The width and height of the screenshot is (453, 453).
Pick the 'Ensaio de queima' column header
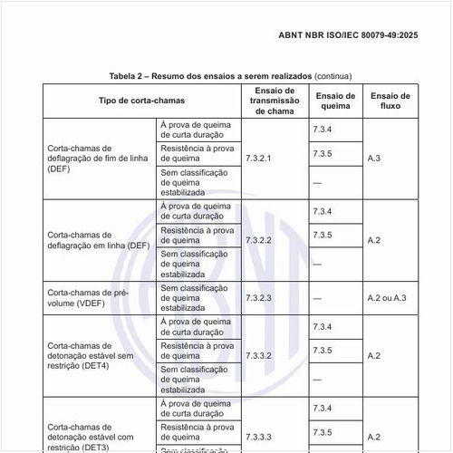pyautogui.click(x=335, y=100)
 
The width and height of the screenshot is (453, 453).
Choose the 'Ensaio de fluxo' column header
pyautogui.click(x=390, y=100)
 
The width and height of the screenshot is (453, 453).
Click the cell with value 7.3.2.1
pyautogui.click(x=258, y=159)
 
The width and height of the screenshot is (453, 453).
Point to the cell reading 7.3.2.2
pyautogui.click(x=258, y=240)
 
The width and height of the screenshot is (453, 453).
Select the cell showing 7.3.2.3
pyautogui.click(x=258, y=297)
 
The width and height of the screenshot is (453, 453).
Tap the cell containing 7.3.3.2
pyautogui.click(x=258, y=355)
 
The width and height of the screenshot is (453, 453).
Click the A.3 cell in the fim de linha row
pyautogui.click(x=374, y=159)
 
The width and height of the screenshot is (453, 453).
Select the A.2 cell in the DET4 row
pyautogui.click(x=374, y=355)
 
